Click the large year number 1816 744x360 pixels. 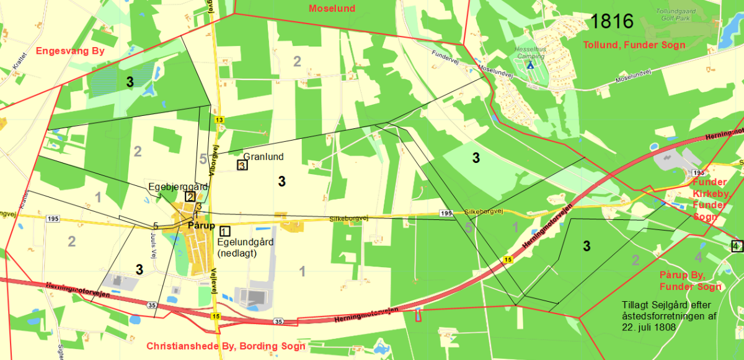tap(612, 22)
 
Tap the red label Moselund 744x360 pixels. tap(332, 8)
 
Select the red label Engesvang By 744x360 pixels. tap(70, 51)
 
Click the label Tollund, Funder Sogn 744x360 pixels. tap(634, 45)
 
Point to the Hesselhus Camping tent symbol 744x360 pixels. tap(529, 64)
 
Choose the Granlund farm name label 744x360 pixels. tap(263, 156)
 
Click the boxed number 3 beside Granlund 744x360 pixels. tap(242, 165)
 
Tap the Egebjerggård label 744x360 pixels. tap(178, 187)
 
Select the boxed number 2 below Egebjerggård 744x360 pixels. tap(190, 196)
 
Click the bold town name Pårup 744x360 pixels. tap(200, 226)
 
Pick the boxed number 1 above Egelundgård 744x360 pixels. tap(224, 231)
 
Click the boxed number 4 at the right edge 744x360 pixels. tap(736, 246)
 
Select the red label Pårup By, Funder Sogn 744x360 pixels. tap(690, 281)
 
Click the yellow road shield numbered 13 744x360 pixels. tap(219, 119)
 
